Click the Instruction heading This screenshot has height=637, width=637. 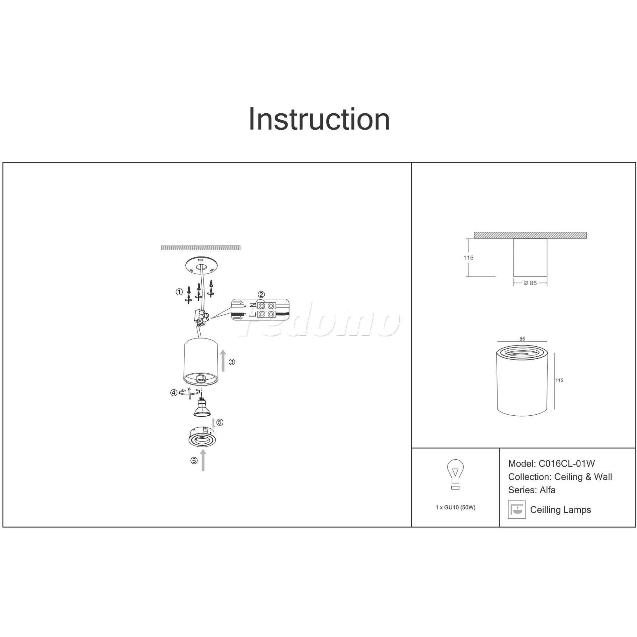(319, 119)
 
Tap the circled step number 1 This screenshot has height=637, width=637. (179, 291)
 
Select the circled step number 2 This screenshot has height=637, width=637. (261, 294)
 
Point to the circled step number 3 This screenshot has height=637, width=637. (232, 362)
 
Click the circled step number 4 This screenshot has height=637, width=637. (174, 393)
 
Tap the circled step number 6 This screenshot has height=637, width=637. (194, 461)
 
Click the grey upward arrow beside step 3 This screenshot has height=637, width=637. (223, 361)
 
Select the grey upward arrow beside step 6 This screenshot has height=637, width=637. (203, 460)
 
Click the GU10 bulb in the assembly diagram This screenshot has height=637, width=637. (201, 408)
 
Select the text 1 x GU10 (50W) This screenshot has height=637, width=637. (455, 507)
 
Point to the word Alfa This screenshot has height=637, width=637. (548, 490)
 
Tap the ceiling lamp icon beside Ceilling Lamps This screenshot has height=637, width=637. (517, 510)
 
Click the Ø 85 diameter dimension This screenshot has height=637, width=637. (530, 283)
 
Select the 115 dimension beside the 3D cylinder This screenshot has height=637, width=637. (559, 380)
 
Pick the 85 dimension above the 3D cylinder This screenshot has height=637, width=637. (522, 339)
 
